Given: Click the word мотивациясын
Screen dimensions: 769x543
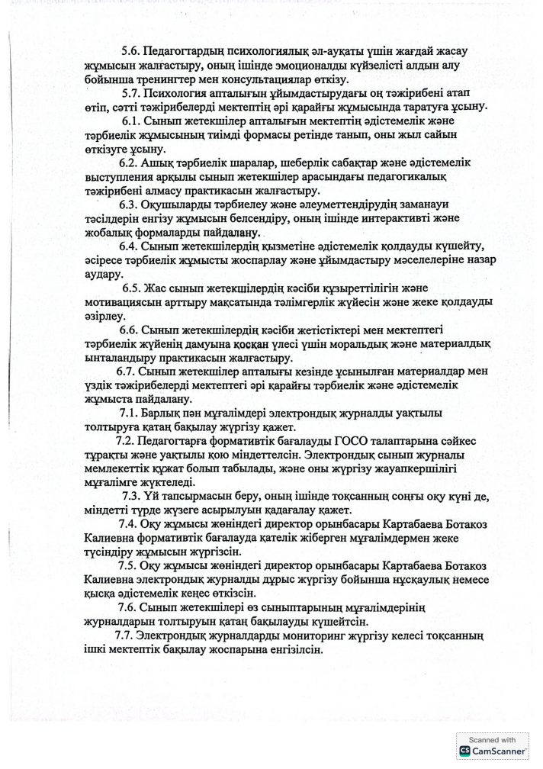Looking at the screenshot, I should coord(122,303).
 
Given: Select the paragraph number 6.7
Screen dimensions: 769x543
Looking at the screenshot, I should coord(130,372).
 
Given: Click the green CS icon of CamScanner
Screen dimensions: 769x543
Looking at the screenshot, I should coord(464,752).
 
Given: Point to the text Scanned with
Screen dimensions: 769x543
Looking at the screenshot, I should coord(493,740).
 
